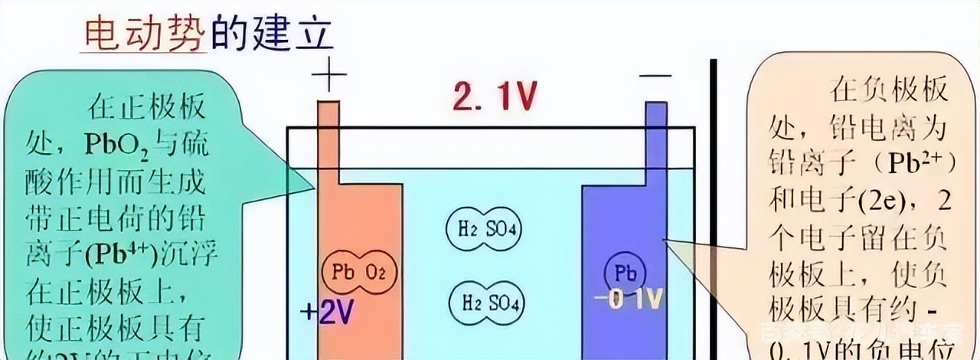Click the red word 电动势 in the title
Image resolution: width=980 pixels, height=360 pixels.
click(x=144, y=34)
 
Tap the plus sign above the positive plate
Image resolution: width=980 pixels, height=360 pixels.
click(x=329, y=77)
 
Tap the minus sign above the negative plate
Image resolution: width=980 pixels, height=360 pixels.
click(x=656, y=76)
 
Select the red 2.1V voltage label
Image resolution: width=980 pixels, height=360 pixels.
click(x=494, y=97)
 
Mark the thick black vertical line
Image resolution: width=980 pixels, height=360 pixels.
click(x=714, y=207)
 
